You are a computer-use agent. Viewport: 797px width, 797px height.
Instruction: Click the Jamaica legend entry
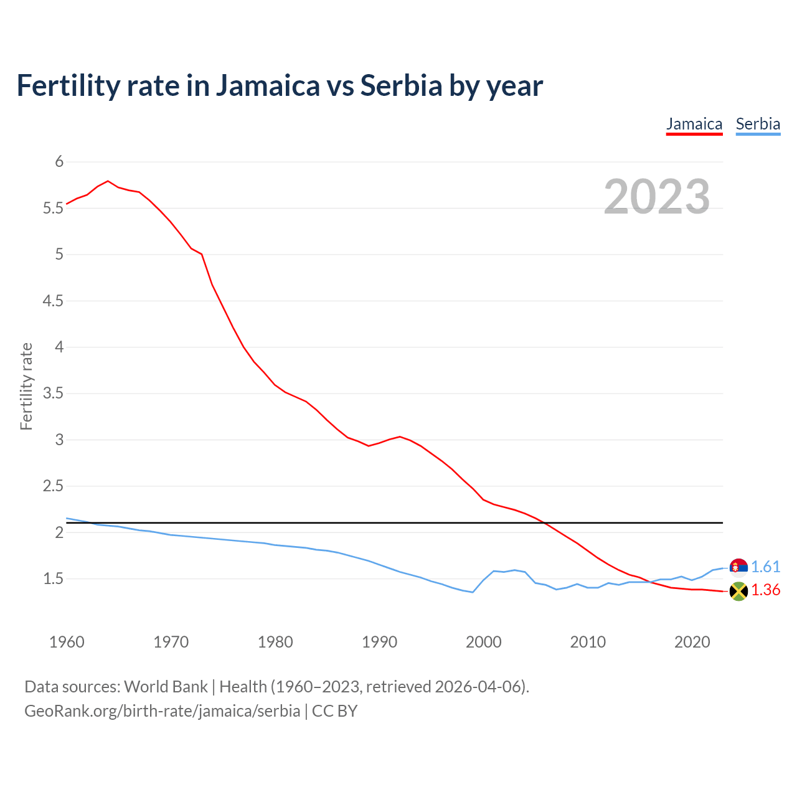(x=694, y=125)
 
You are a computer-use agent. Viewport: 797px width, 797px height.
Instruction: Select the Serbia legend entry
(x=758, y=125)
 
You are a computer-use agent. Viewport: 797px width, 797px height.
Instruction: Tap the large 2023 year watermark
(x=657, y=197)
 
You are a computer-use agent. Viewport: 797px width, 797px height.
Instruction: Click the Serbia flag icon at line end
(x=738, y=567)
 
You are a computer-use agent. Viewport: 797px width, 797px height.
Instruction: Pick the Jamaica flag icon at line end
(x=738, y=591)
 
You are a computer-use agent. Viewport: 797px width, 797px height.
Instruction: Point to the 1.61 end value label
(x=765, y=567)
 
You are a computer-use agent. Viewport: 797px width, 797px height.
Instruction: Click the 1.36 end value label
(x=765, y=590)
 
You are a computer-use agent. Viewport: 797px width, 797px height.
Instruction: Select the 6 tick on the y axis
(x=59, y=162)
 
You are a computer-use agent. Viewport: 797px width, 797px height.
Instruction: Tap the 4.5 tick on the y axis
(x=53, y=301)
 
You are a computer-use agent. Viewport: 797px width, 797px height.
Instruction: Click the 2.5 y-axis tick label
(x=53, y=486)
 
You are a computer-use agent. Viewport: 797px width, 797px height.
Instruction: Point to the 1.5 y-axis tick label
(x=53, y=579)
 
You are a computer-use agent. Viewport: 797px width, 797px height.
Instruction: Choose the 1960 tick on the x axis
(x=67, y=642)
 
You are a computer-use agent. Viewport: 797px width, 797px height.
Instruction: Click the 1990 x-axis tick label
(x=379, y=642)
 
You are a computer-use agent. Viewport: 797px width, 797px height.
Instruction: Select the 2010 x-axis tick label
(x=588, y=642)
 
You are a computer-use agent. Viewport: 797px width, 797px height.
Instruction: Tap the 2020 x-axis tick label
(x=692, y=642)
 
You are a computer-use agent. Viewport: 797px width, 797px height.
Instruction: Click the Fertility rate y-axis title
(x=26, y=386)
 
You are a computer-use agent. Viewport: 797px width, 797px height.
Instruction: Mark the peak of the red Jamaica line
(x=108, y=181)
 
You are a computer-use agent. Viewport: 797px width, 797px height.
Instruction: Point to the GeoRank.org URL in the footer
(x=162, y=711)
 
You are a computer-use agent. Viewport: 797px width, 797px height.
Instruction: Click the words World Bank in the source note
(x=166, y=687)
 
